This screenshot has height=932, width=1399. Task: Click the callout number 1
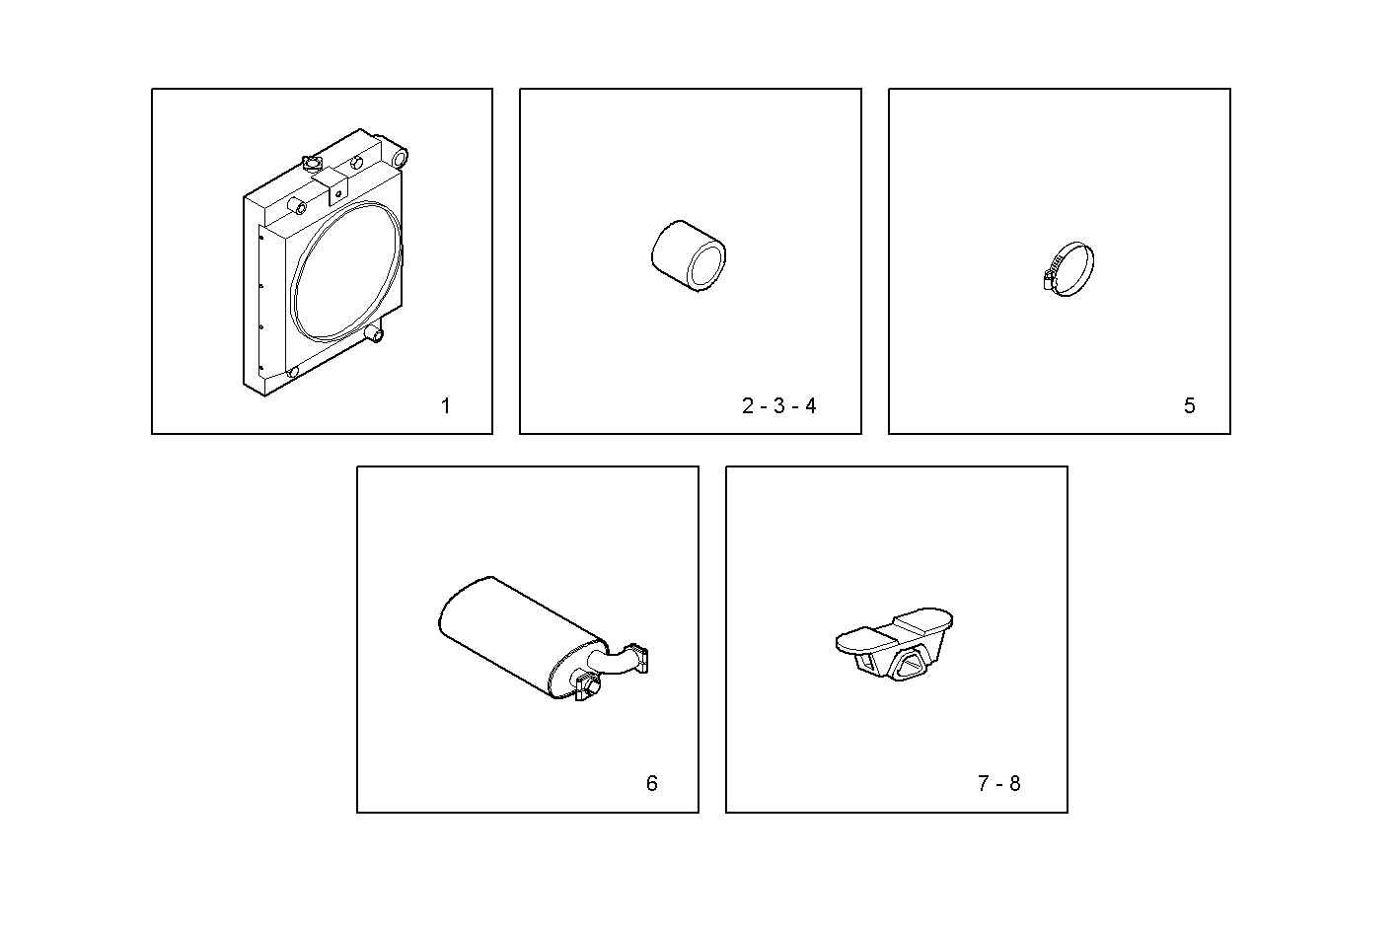point(446,406)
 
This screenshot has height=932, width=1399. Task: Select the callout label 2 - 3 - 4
point(778,406)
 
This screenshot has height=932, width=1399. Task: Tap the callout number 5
point(1189,406)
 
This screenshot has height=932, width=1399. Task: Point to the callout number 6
point(651,784)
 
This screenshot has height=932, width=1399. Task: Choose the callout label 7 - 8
point(998,784)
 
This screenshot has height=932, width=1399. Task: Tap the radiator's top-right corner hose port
point(400,156)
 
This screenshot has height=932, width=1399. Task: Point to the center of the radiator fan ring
point(347,271)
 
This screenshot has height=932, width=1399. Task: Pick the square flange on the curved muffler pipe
point(639,659)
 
